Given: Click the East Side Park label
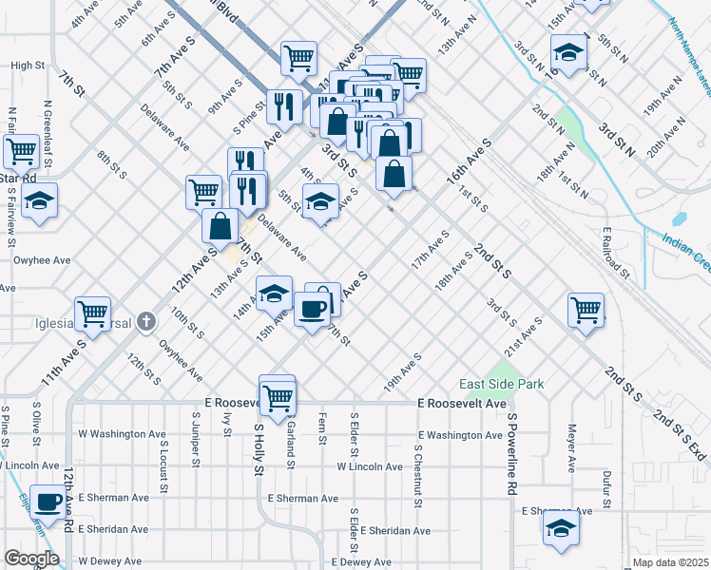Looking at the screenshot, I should point(502,384).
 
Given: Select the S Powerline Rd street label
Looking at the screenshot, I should point(510,454).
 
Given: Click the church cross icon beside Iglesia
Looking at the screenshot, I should point(145,322).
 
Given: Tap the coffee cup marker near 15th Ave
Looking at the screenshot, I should point(313,307).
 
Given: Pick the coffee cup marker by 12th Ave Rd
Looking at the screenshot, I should point(48,501).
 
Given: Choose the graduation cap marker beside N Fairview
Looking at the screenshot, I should point(40,199).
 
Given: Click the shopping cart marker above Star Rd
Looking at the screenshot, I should point(20,150).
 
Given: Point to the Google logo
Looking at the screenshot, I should point(31,559).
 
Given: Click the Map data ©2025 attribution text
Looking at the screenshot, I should point(671,562).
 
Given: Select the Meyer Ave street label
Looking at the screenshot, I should point(572,449).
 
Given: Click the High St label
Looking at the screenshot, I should point(28,66).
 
